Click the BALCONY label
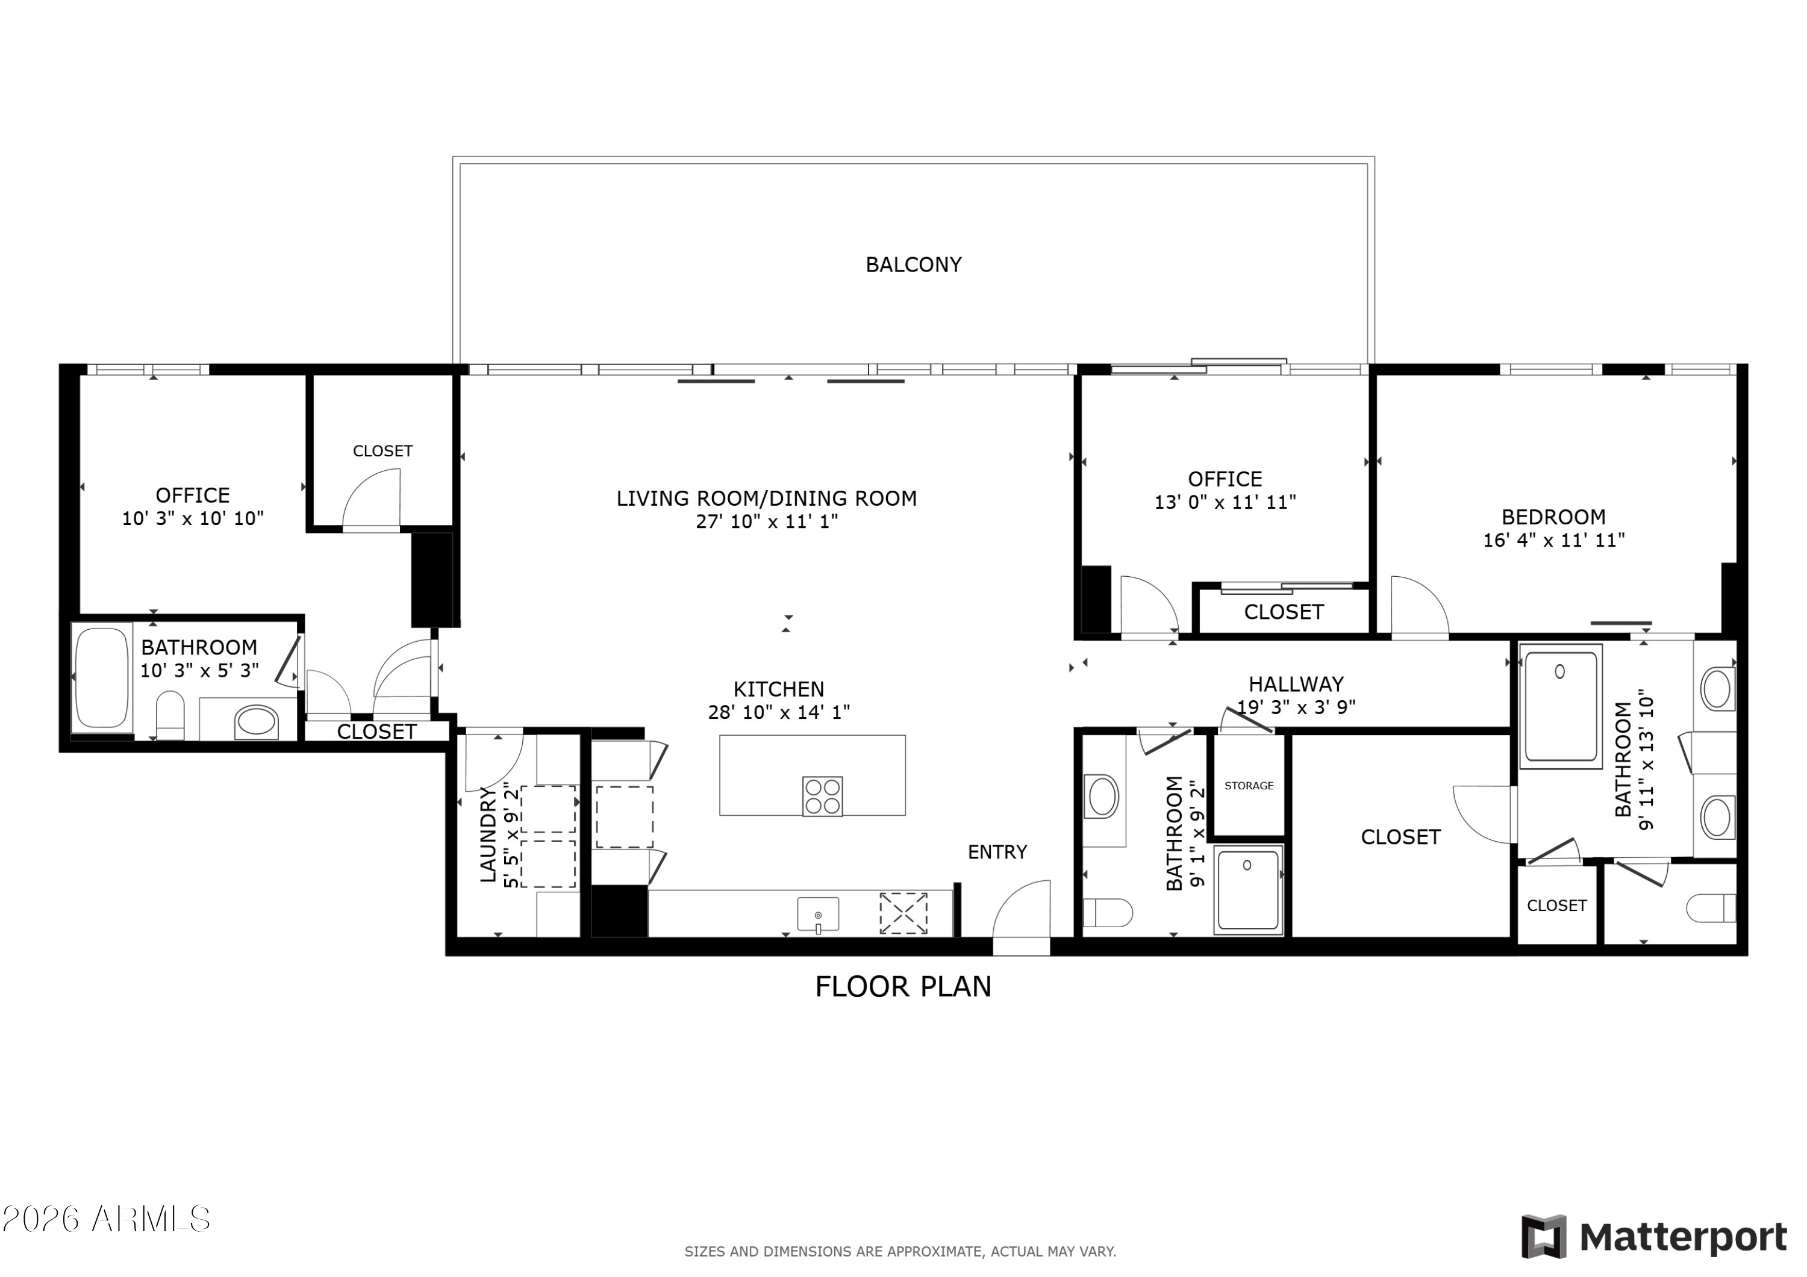pos(913,264)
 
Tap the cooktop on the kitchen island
pos(822,797)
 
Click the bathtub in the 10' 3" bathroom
pos(102,677)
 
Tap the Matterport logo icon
pos(1543,1237)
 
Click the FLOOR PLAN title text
pos(903,987)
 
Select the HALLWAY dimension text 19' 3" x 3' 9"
pos(1296,707)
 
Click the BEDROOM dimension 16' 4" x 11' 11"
pos(1553,539)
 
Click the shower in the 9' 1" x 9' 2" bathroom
pos(1247,889)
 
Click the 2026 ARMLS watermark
pos(106,1219)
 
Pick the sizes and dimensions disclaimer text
pos(899,1251)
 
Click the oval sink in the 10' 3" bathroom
pos(257,721)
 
